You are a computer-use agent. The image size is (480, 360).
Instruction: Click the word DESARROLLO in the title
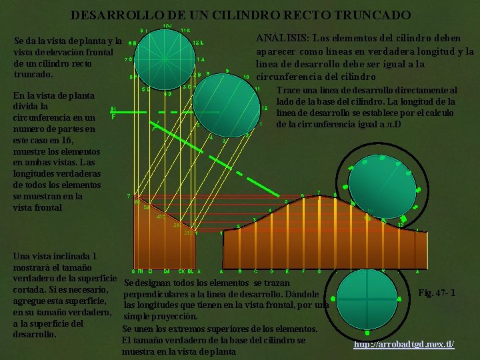tap(111, 14)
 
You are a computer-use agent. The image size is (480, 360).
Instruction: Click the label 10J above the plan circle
tap(167, 26)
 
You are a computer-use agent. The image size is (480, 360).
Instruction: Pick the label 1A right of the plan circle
tap(201, 59)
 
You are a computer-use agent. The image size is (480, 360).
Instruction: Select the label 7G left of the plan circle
tap(128, 59)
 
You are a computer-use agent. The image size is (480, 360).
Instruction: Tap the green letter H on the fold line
tap(113, 109)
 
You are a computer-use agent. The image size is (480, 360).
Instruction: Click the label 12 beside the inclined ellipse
tap(265, 108)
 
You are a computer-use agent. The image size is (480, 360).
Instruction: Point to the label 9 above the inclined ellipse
tap(228, 71)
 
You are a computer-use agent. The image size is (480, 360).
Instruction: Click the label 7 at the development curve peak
tap(319, 193)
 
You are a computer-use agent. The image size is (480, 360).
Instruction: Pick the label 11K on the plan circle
tap(185, 31)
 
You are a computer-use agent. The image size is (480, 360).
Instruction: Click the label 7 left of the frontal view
tap(128, 196)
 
